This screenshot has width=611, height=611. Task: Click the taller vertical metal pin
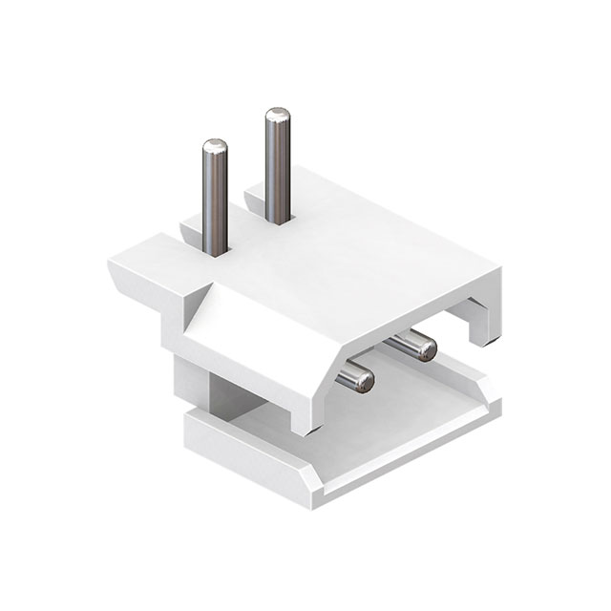click(278, 167)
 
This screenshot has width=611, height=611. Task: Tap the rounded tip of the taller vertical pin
click(278, 116)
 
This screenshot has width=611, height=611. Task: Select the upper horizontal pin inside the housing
click(412, 345)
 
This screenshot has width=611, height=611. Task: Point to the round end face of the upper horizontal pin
click(426, 350)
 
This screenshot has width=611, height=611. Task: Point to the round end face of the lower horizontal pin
click(363, 382)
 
